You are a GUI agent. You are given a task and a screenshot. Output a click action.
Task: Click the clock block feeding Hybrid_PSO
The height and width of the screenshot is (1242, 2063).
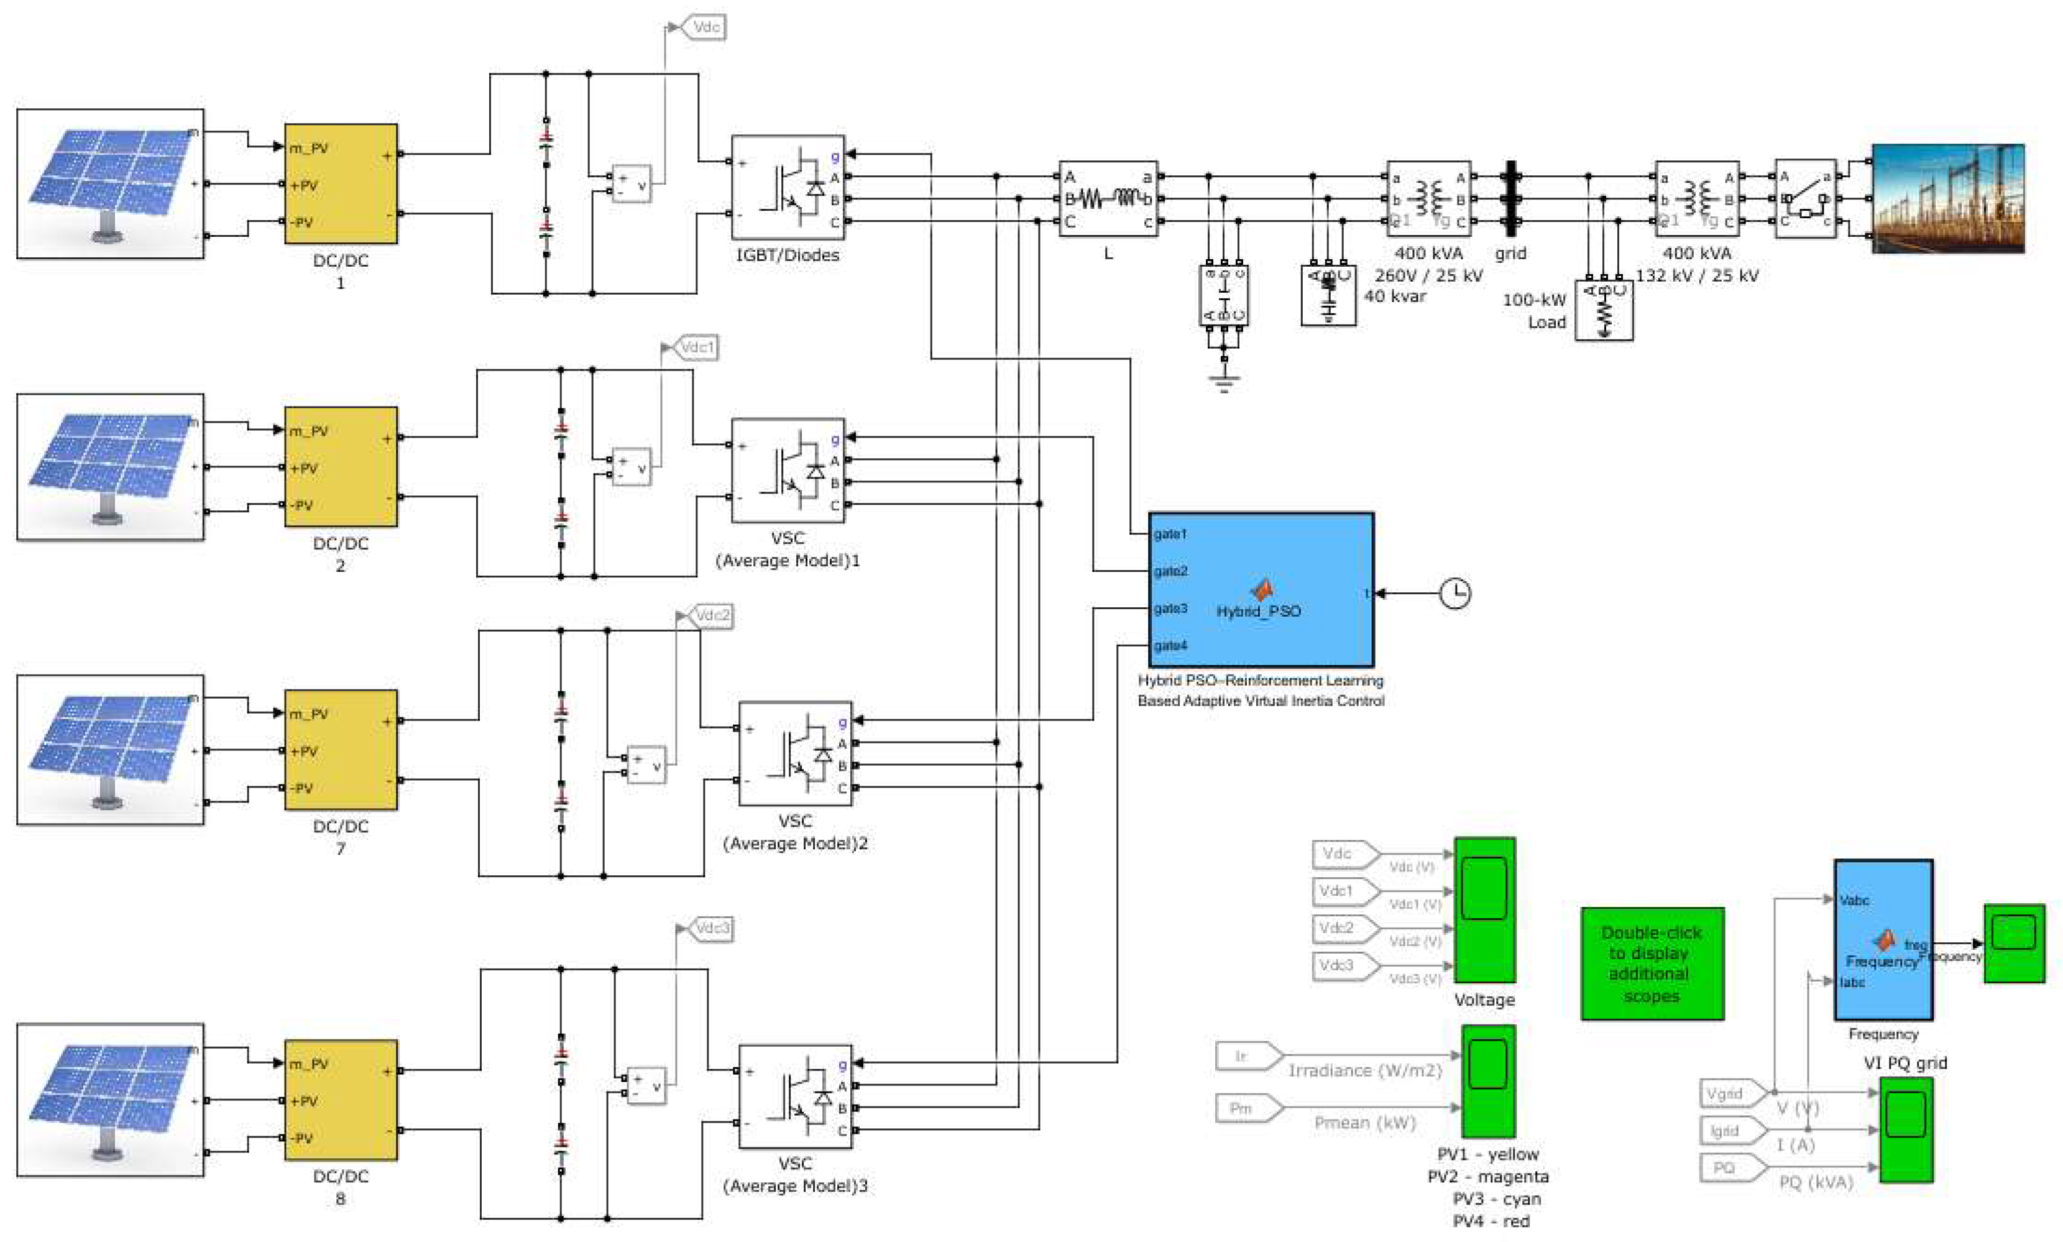(x=1454, y=594)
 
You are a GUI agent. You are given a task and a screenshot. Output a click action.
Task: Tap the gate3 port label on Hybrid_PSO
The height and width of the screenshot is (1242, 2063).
(x=1170, y=609)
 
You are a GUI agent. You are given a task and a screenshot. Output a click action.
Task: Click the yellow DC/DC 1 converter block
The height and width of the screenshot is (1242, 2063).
(x=341, y=184)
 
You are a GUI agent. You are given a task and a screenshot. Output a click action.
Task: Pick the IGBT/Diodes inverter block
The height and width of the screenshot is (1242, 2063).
(x=788, y=188)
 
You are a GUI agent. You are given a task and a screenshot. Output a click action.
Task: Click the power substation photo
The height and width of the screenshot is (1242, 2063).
(x=1947, y=198)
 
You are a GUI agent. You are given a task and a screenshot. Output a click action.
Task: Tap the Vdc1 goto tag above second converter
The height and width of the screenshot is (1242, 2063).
(x=696, y=346)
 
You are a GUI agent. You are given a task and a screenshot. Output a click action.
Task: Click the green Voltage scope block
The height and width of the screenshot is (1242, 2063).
(x=1484, y=909)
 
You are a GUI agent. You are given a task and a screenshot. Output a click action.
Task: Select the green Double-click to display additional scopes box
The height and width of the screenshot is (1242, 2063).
(x=1652, y=964)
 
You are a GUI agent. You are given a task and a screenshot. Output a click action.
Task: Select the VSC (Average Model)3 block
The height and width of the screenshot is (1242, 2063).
(x=794, y=1097)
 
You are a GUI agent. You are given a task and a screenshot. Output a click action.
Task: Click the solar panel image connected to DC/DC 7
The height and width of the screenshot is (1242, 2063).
(x=109, y=750)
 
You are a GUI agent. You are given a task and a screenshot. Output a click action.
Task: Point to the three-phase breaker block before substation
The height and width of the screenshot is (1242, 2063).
(x=1805, y=199)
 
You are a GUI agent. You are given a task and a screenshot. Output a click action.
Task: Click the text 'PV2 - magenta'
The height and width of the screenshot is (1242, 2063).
(x=1487, y=1176)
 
